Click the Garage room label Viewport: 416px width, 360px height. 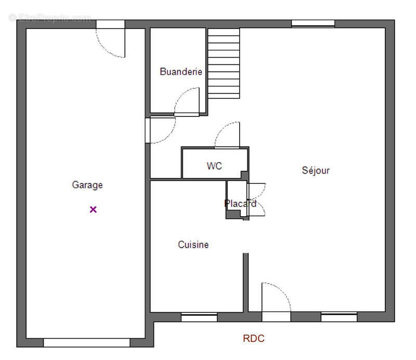(x=87, y=185)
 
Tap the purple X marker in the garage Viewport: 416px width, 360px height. (x=93, y=209)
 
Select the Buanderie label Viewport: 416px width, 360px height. (x=181, y=72)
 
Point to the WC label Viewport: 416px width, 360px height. (x=214, y=166)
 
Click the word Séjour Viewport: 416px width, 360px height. (x=316, y=170)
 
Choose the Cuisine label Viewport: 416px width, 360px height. (x=193, y=245)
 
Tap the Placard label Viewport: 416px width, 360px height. (x=240, y=204)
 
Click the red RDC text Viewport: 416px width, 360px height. (x=254, y=338)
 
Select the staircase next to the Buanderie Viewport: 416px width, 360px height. (x=224, y=63)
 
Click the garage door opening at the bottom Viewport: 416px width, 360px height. (x=87, y=342)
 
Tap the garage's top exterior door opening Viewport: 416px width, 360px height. (x=110, y=24)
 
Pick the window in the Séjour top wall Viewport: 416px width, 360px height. (x=313, y=23)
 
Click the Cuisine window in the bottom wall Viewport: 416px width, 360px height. (x=199, y=317)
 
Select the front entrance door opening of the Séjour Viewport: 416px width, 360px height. (x=276, y=316)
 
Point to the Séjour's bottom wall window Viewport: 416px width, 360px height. (x=339, y=317)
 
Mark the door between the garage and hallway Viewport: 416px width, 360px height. (x=148, y=130)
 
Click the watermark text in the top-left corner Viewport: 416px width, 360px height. (x=49, y=18)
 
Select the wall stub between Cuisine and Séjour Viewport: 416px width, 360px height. (x=246, y=283)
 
